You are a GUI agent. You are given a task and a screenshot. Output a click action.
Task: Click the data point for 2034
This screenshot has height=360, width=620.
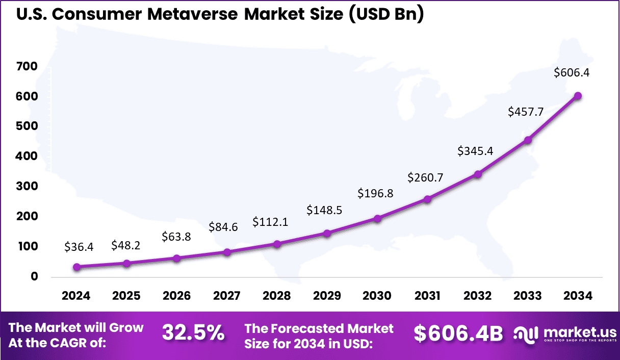tap(578, 96)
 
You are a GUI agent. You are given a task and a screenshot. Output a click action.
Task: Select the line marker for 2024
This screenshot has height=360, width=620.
tap(76, 267)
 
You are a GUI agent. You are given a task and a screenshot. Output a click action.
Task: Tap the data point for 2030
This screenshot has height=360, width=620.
tap(377, 218)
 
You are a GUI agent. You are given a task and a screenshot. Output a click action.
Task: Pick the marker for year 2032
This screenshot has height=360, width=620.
tap(478, 174)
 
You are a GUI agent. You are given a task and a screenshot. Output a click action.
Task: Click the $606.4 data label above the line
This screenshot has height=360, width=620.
tap(572, 72)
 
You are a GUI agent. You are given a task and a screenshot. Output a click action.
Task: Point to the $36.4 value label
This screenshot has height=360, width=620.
tap(79, 247)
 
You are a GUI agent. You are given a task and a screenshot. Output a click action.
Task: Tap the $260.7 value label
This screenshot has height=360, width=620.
tap(425, 177)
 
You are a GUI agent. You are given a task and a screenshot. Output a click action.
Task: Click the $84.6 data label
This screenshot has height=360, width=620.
tap(223, 227)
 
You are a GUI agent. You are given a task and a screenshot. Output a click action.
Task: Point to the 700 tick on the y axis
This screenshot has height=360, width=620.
tap(28, 66)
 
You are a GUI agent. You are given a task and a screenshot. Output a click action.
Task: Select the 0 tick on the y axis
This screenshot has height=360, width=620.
tap(34, 276)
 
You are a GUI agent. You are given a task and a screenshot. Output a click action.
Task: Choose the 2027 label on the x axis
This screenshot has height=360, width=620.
tap(227, 296)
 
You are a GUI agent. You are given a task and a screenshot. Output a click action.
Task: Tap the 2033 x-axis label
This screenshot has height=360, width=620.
tap(528, 296)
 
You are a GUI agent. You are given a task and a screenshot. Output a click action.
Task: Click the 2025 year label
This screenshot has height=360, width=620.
tap(126, 296)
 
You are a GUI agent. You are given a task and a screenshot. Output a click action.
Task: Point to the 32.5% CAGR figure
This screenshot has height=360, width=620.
tap(193, 332)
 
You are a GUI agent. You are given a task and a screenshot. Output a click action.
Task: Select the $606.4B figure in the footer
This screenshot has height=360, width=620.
tap(458, 333)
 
